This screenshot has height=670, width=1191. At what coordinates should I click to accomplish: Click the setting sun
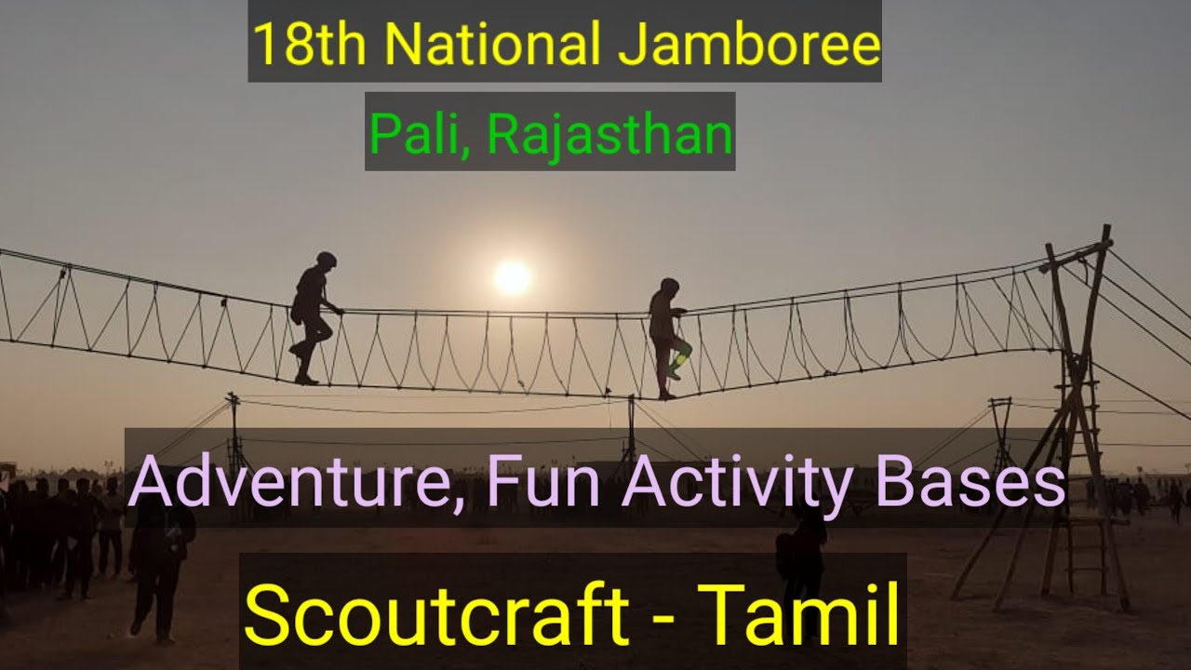pyautogui.click(x=512, y=276)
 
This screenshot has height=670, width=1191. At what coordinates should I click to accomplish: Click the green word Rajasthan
pyautogui.click(x=609, y=134)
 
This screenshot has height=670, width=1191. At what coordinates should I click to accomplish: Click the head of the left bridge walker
pyautogui.click(x=325, y=260)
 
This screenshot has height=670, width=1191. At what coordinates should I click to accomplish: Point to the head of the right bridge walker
pyautogui.click(x=668, y=285)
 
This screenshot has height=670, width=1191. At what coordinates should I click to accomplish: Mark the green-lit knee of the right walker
pyautogui.click(x=682, y=355)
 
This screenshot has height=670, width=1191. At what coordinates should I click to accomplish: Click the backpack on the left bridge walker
pyautogui.click(x=298, y=307)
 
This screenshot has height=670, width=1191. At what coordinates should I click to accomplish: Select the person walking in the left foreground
pyautogui.click(x=160, y=568)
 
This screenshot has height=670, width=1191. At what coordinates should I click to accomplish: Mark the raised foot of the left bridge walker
pyautogui.click(x=296, y=351)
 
